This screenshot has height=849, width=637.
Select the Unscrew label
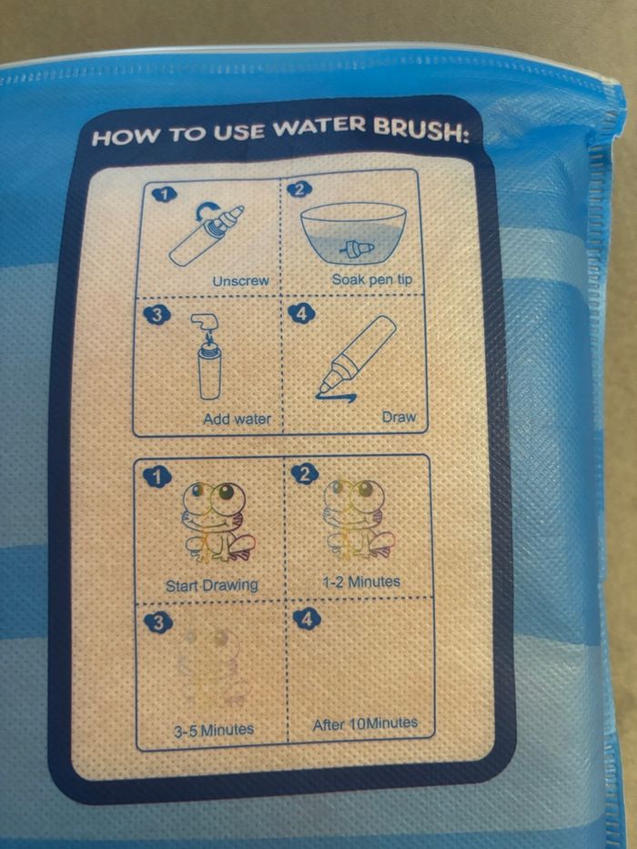click(240, 281)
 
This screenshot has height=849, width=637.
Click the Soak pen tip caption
click(372, 280)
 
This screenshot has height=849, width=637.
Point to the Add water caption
click(238, 419)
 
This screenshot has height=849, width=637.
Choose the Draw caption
click(399, 417)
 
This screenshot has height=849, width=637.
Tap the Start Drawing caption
click(212, 585)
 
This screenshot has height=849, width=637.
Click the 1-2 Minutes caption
click(361, 582)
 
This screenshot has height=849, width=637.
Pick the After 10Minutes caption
click(365, 724)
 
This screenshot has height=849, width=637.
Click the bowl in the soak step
click(353, 233)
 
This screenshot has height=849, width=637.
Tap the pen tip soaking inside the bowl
click(357, 248)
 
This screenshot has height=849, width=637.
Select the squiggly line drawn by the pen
click(337, 398)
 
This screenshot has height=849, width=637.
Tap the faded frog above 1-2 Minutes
click(359, 518)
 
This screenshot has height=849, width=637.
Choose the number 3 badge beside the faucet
click(157, 316)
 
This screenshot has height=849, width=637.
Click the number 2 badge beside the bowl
click(299, 188)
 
